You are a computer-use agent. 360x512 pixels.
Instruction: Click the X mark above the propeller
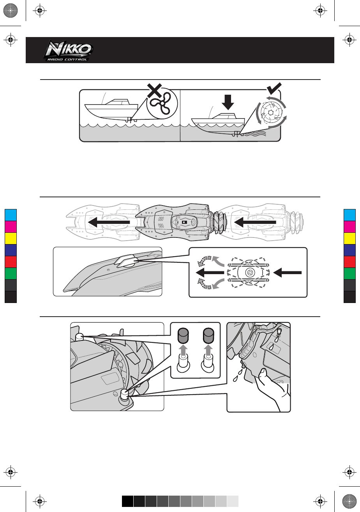pos(155,90)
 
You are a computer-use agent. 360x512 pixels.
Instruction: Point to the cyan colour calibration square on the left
pos(10,215)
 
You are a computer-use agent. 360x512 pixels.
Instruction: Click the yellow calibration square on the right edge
pos(350,238)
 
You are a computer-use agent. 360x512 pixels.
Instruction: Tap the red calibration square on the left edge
pos(10,262)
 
